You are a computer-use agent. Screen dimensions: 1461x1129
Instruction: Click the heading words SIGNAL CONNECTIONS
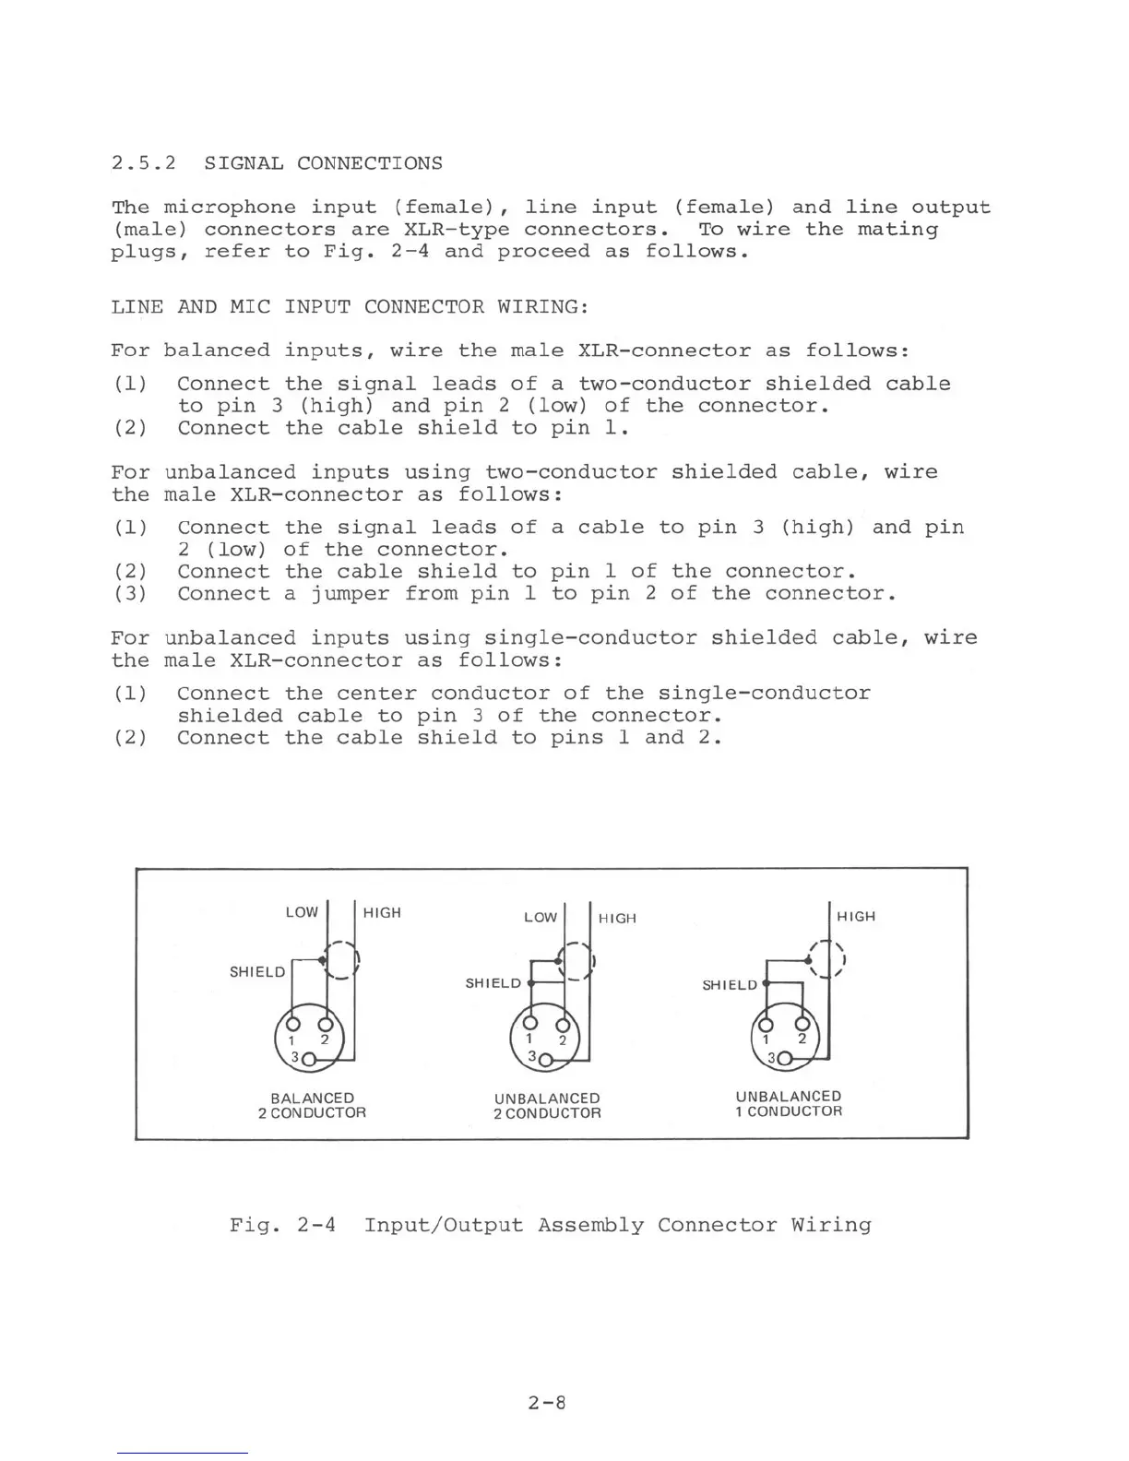click(x=323, y=163)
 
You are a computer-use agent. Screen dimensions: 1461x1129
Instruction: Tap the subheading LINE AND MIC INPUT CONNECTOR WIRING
click(x=350, y=306)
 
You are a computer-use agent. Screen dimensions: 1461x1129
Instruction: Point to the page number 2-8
click(x=546, y=1403)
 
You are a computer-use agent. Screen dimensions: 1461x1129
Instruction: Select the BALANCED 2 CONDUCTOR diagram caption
click(x=312, y=1105)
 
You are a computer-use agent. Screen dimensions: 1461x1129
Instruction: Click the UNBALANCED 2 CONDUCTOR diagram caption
click(x=547, y=1106)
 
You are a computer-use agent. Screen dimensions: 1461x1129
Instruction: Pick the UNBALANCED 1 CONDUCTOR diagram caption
click(x=789, y=1103)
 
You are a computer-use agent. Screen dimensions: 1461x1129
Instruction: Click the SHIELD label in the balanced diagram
click(x=257, y=971)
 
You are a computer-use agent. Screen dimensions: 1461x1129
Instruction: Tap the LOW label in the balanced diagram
click(x=302, y=912)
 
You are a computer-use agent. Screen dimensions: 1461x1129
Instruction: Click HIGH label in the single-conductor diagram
click(x=856, y=916)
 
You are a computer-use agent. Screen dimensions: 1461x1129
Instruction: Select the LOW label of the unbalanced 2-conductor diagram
click(x=541, y=917)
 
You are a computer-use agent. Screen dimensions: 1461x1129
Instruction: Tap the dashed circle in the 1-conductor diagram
click(x=827, y=959)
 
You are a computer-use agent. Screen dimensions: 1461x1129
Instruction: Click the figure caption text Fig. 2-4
click(x=282, y=1225)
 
